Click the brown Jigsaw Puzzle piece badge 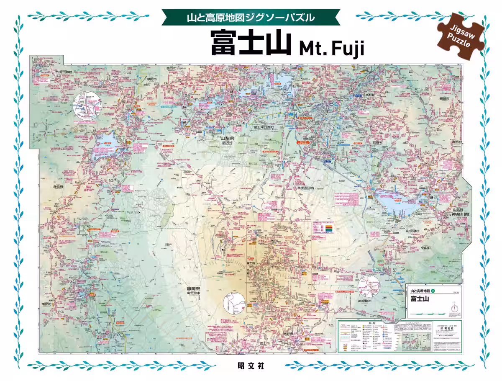point(461,35)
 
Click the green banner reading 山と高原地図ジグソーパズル point(250,18)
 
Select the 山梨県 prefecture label point(229,138)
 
